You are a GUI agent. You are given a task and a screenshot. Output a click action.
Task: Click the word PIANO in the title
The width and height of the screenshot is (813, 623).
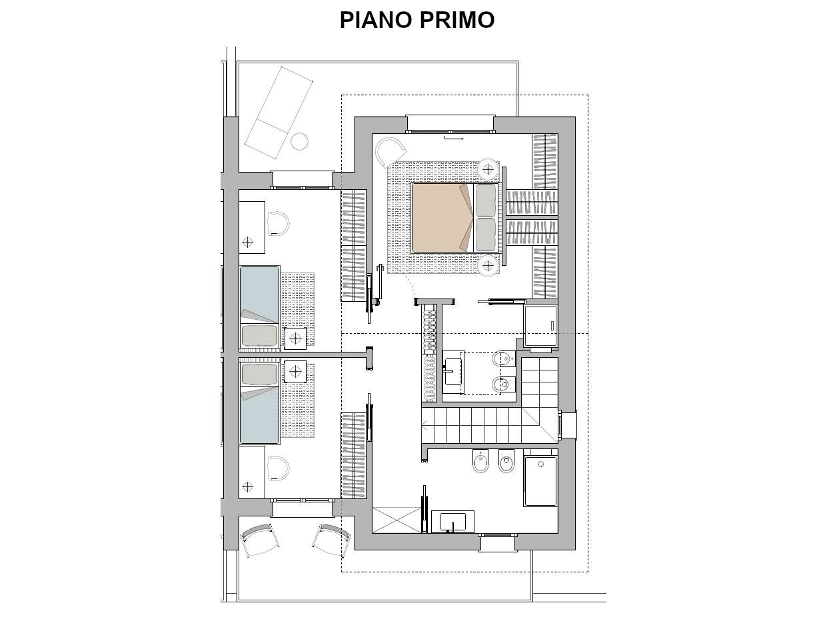pos(376,21)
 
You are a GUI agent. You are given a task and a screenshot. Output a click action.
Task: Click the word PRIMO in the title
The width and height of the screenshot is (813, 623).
pos(456,21)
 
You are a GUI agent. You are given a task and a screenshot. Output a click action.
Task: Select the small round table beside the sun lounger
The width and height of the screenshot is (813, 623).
pos(299,141)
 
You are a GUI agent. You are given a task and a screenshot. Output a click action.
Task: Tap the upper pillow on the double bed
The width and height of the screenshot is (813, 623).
pos(486,201)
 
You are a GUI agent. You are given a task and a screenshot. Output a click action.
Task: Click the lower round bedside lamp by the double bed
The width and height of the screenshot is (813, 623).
pos(488,266)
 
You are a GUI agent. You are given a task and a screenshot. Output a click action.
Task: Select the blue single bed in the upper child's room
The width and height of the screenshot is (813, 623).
pos(259,293)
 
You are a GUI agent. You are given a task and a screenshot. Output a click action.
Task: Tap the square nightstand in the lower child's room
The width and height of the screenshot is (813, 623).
pos(295,370)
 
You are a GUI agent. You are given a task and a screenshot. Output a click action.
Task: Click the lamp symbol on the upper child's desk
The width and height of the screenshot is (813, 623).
pos(249,243)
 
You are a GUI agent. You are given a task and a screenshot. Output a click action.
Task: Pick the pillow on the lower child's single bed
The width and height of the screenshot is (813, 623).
pos(259,375)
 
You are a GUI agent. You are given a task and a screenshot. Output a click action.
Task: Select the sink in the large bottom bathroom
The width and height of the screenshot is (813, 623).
pos(452,522)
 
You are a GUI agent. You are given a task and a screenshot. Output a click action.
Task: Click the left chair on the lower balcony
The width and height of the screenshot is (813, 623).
pos(259,539)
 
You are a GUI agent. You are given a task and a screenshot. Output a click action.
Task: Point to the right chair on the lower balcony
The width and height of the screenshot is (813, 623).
pos(331,538)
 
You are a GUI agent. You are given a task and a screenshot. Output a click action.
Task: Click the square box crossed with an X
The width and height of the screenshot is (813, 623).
pos(397,520)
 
